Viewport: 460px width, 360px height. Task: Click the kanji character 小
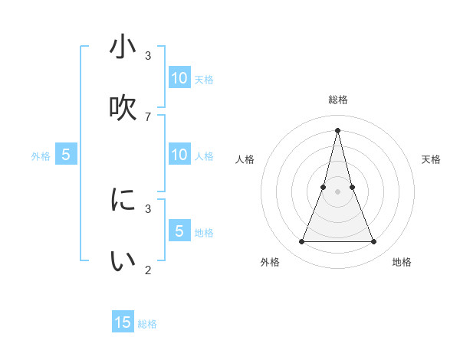tap(123, 47)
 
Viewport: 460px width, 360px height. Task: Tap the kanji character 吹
tap(123, 108)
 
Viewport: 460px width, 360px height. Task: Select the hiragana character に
tap(123, 200)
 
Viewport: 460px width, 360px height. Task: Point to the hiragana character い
tap(123, 261)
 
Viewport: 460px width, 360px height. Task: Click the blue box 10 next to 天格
tap(179, 78)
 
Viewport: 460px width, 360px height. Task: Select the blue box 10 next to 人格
tap(179, 155)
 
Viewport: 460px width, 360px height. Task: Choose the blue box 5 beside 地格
tap(179, 231)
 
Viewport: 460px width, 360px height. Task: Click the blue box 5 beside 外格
tap(66, 155)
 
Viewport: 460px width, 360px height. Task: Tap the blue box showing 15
tap(123, 322)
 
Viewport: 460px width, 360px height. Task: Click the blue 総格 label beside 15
tap(147, 324)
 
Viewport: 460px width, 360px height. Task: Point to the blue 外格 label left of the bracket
tap(41, 156)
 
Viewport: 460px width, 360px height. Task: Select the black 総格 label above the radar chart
tap(337, 100)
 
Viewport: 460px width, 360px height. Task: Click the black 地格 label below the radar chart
tap(402, 262)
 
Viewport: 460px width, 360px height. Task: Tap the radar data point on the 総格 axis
tap(337, 129)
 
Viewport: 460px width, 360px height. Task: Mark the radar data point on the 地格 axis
tap(374, 242)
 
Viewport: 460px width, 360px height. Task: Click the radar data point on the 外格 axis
tap(301, 242)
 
